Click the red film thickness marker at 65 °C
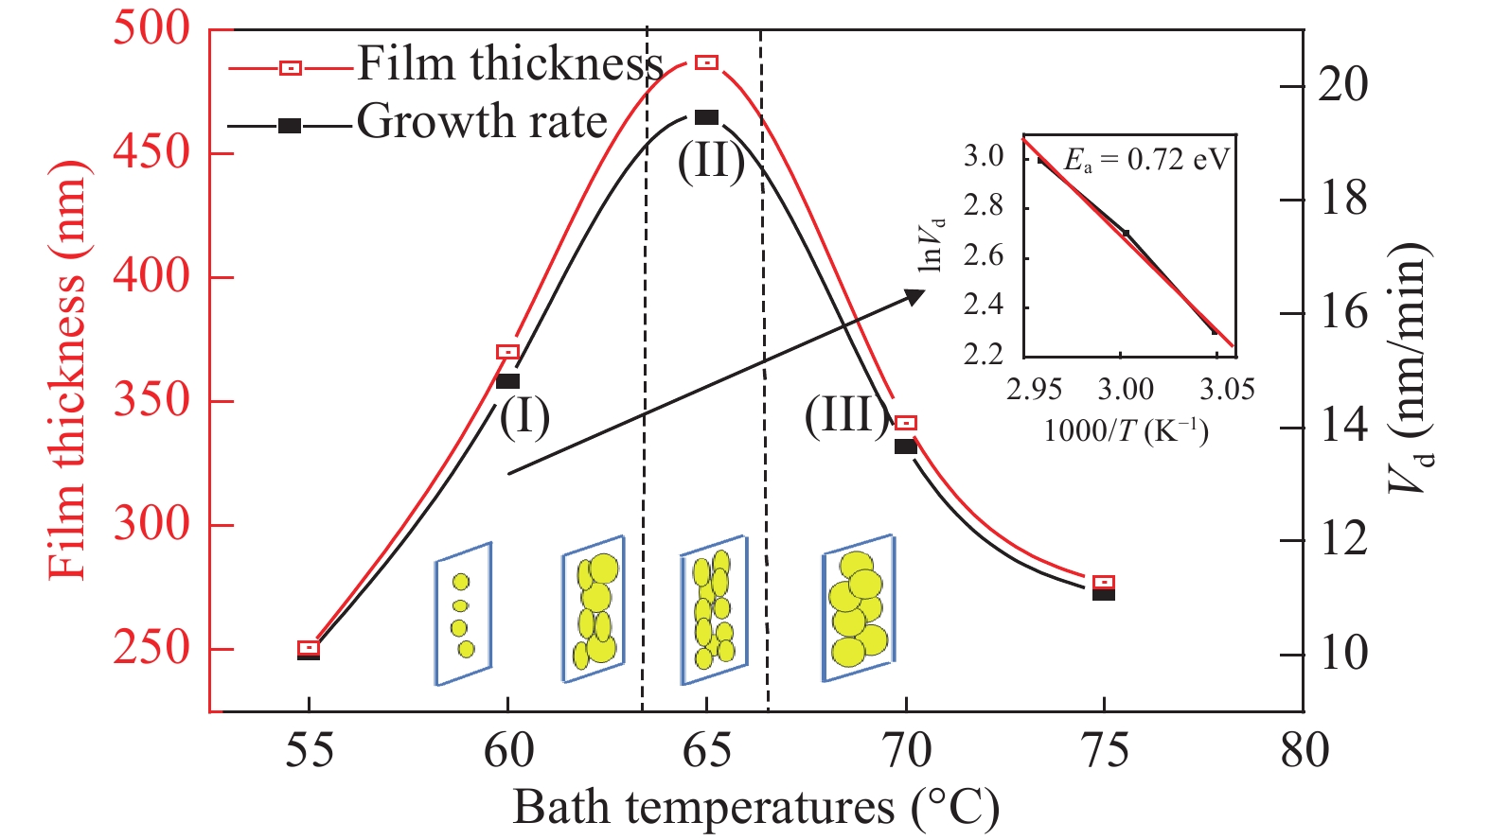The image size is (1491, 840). pyautogui.click(x=706, y=62)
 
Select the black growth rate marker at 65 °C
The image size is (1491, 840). pyautogui.click(x=706, y=117)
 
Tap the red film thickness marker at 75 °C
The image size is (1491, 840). pyautogui.click(x=1103, y=582)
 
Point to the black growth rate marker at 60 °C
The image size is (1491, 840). pyautogui.click(x=507, y=380)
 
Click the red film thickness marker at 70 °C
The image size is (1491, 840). pyautogui.click(x=906, y=423)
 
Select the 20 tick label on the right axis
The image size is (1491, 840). pyautogui.click(x=1342, y=86)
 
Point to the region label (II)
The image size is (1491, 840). pyautogui.click(x=711, y=162)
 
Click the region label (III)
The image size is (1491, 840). pyautogui.click(x=846, y=414)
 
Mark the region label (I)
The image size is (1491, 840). pyautogui.click(x=524, y=416)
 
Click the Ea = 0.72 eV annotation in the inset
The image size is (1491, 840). pyautogui.click(x=1145, y=159)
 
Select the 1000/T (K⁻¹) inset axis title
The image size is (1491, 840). pyautogui.click(x=1126, y=431)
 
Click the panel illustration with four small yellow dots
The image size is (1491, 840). pyautogui.click(x=463, y=613)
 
